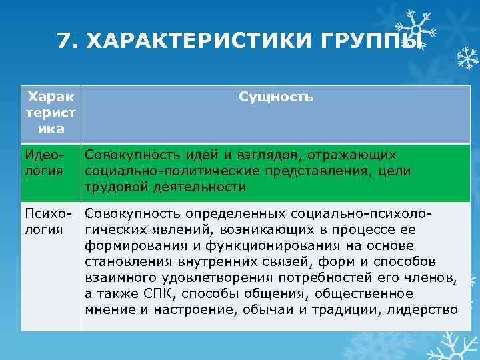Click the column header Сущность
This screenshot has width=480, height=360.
click(275, 97)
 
